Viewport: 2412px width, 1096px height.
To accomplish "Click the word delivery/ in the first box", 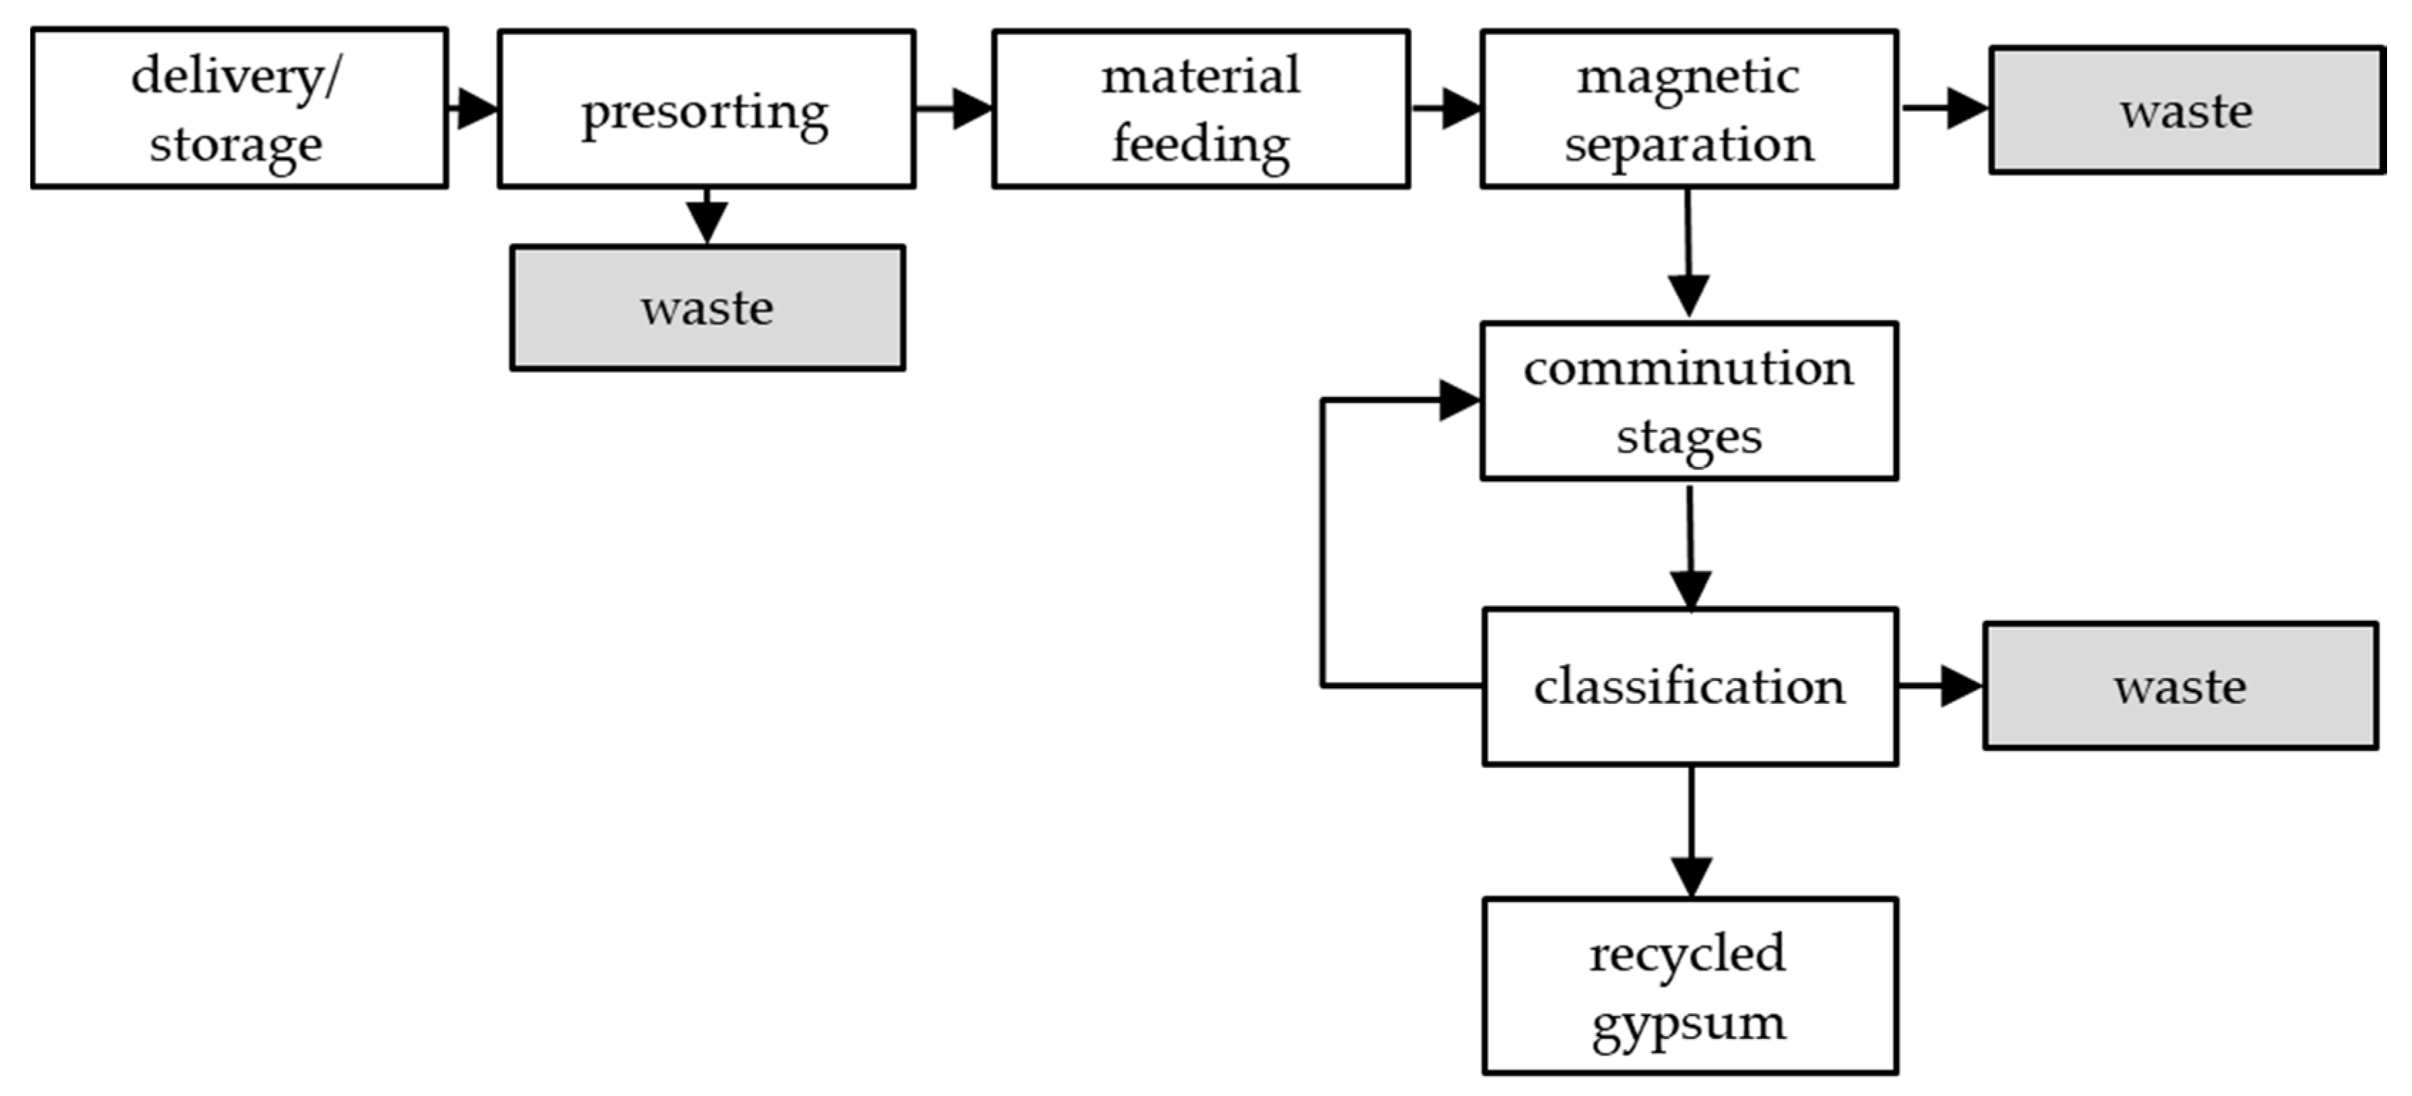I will click(236, 77).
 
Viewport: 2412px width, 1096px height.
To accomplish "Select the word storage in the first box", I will click(236, 146).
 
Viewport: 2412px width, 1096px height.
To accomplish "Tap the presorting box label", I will click(705, 113).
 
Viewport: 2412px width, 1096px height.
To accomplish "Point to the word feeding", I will click(1200, 145).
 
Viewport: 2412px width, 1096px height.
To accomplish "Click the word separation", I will click(1689, 145).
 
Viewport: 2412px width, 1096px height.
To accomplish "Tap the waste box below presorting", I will click(707, 308).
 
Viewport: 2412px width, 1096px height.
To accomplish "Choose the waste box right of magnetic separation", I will click(2186, 111).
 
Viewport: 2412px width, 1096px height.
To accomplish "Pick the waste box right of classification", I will click(2180, 686).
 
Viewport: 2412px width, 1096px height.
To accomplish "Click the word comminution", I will click(1689, 368).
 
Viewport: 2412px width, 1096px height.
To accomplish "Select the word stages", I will click(1689, 437).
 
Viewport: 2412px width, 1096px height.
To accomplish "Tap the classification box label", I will click(1689, 686).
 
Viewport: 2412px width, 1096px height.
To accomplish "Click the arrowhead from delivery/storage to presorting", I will click(477, 108).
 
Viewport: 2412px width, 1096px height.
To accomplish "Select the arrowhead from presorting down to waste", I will click(707, 222).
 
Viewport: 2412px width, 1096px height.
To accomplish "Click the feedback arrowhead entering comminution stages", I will click(1459, 401).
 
